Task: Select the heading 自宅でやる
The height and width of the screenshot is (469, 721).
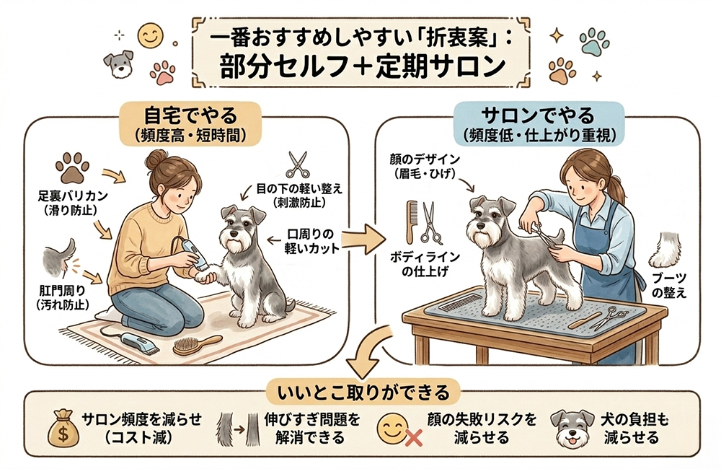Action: pos(190,115)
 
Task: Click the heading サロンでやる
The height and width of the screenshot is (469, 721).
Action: pos(538,115)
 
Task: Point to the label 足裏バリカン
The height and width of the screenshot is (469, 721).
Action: pos(73,196)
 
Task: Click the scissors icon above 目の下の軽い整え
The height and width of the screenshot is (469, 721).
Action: pos(298,165)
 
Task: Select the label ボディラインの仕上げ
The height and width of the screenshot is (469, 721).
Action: pos(425,264)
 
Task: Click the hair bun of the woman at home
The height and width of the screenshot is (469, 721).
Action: pos(156,159)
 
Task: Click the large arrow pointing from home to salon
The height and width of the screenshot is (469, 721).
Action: pos(363,238)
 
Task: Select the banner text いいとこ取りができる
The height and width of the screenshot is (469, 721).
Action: pos(363,393)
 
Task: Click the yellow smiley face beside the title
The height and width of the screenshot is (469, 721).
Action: pos(151,35)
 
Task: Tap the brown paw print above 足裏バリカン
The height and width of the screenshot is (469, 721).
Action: pos(72,168)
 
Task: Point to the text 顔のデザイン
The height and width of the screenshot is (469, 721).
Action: pos(425,159)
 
